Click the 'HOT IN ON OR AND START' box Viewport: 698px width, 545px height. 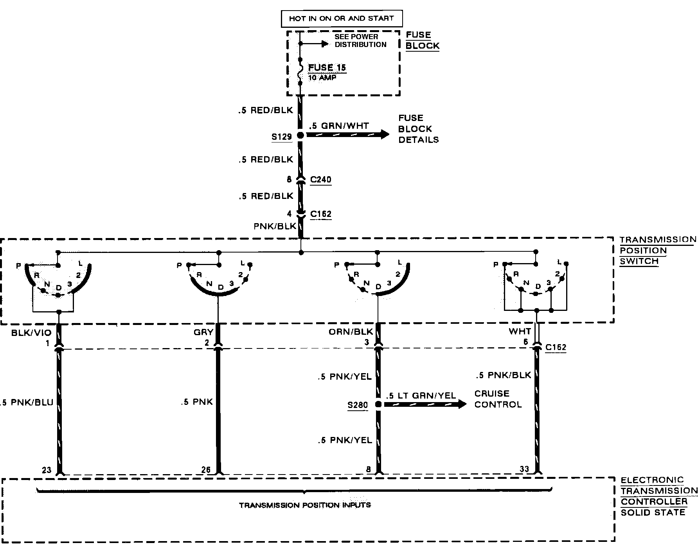click(x=342, y=18)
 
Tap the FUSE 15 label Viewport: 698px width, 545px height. click(x=327, y=67)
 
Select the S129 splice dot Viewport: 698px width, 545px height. click(x=300, y=135)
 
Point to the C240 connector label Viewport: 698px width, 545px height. click(x=320, y=180)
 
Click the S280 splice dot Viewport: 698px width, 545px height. click(x=378, y=404)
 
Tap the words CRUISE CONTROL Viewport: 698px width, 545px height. click(x=498, y=399)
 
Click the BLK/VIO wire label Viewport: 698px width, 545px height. click(x=31, y=333)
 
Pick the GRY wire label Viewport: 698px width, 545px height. click(x=203, y=332)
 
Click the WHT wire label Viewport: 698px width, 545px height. click(x=520, y=332)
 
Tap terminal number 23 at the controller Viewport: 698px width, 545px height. click(x=47, y=470)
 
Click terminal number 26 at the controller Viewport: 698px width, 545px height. click(x=206, y=470)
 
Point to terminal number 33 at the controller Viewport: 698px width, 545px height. click(x=524, y=469)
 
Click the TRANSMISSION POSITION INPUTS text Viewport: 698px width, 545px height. click(x=305, y=505)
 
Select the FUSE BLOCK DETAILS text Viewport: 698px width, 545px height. click(x=418, y=129)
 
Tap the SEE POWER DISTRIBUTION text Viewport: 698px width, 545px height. click(x=360, y=40)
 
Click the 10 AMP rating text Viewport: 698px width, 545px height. click(x=322, y=78)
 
